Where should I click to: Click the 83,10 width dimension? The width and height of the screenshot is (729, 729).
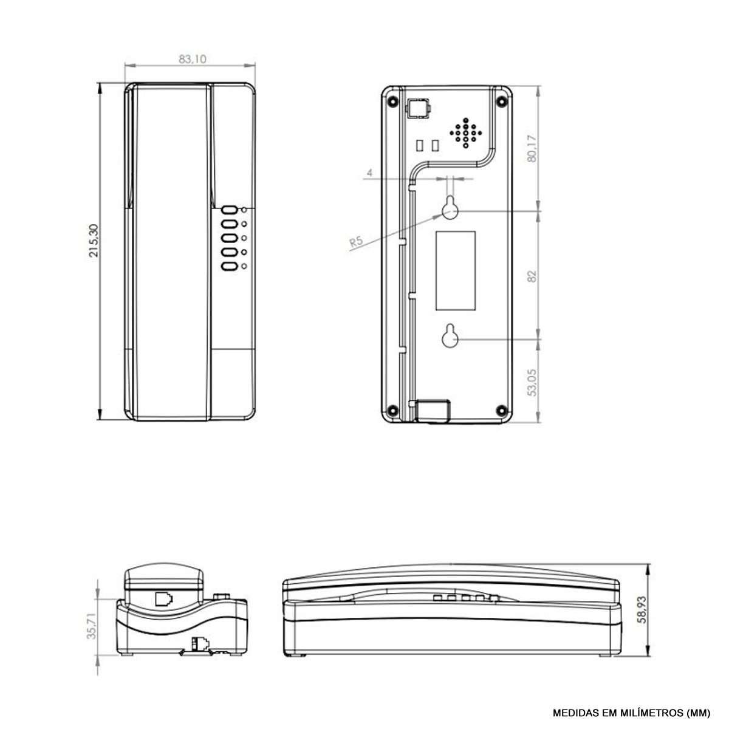pos(193,60)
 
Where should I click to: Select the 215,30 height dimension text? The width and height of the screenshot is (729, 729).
pos(94,241)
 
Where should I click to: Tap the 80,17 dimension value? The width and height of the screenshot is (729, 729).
pos(532,149)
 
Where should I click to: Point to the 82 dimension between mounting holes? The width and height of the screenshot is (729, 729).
pos(532,276)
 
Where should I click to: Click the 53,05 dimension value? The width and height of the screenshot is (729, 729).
pos(532,383)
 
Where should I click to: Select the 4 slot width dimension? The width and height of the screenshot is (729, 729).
pos(369,173)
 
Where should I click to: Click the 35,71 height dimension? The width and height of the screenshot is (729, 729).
pos(94,626)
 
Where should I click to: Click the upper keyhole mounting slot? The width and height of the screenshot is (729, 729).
pos(450,207)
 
